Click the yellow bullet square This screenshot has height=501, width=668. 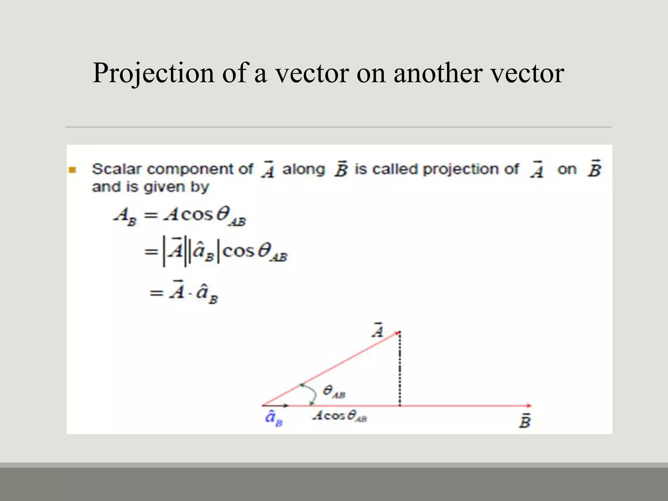pyautogui.click(x=72, y=170)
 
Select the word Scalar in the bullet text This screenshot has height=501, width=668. pyautogui.click(x=117, y=169)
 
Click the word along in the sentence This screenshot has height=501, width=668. pyautogui.click(x=303, y=169)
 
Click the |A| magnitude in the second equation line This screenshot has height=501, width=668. pyautogui.click(x=174, y=252)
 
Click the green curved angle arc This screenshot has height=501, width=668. pyautogui.click(x=311, y=393)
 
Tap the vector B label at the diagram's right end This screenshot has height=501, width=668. pyautogui.click(x=525, y=421)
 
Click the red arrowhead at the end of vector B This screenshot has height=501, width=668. pyautogui.click(x=529, y=405)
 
